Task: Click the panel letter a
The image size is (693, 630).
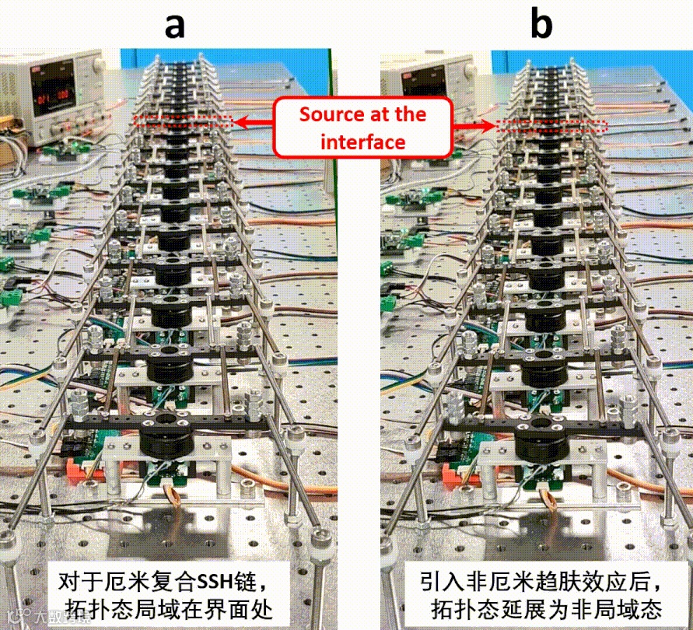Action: [174, 25]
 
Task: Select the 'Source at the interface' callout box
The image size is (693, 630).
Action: [363, 128]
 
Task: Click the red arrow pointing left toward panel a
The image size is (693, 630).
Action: [254, 122]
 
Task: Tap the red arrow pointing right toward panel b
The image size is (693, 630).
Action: [474, 124]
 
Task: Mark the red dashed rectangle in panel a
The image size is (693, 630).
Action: [184, 121]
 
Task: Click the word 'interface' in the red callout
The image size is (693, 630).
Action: [363, 142]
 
